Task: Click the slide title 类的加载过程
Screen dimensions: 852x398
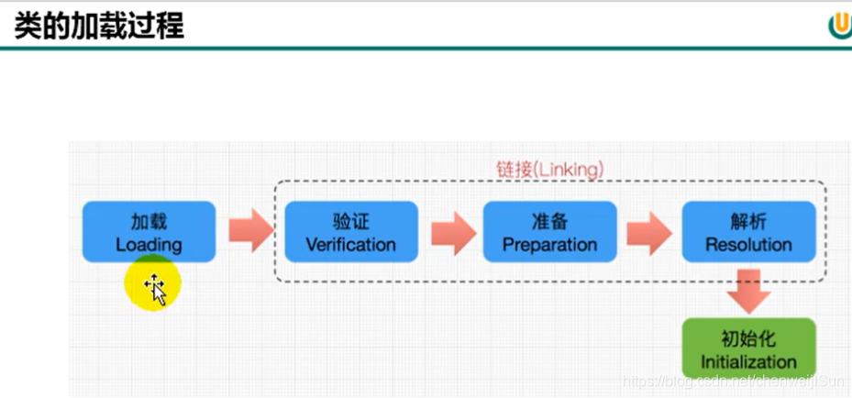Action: [x=99, y=26]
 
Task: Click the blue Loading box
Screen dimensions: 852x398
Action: [x=149, y=232]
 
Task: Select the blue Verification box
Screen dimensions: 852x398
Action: [x=350, y=232]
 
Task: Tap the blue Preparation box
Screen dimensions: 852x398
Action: [x=549, y=232]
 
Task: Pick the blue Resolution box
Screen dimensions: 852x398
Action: [x=748, y=232]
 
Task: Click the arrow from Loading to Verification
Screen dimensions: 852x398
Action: [x=249, y=230]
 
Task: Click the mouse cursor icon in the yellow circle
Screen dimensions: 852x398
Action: [x=154, y=288]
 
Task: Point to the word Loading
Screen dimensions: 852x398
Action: [x=149, y=245]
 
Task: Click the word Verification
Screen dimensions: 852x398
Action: [x=350, y=245]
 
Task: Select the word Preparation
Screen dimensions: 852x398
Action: [x=549, y=245]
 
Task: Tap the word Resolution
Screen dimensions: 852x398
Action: [x=748, y=245]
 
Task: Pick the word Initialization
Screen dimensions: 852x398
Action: [x=748, y=362]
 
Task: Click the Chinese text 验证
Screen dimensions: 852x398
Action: [x=350, y=221]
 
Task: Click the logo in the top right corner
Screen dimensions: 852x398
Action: [x=840, y=25]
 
